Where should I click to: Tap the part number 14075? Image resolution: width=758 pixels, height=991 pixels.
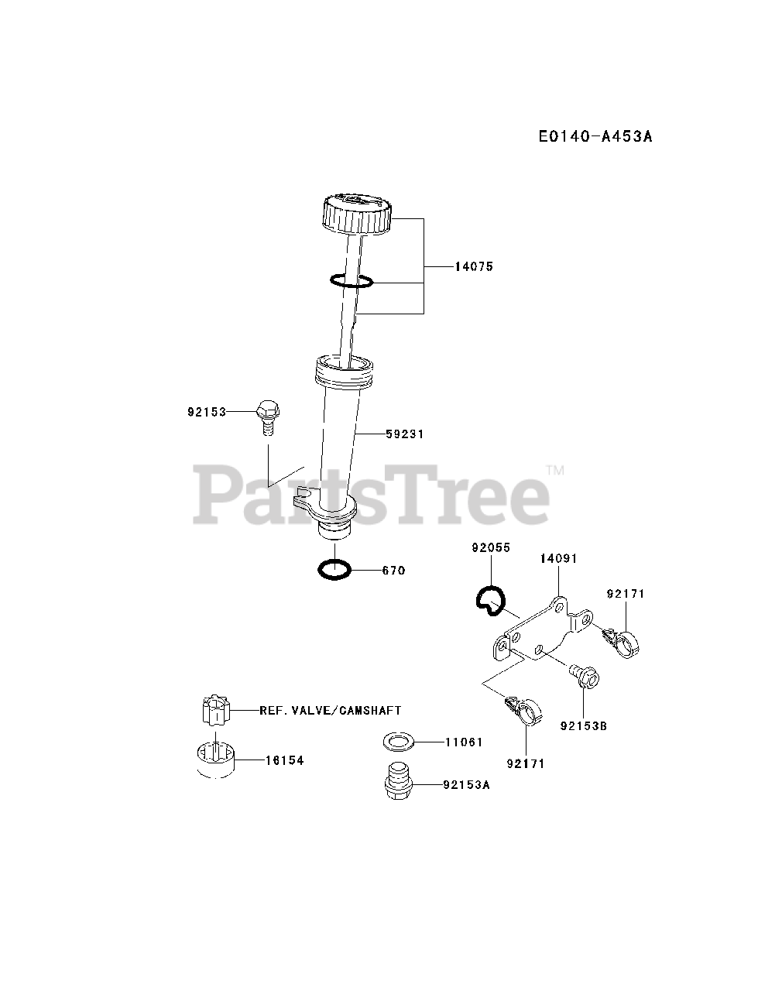coord(473,266)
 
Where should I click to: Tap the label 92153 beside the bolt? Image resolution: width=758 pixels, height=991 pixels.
coord(206,413)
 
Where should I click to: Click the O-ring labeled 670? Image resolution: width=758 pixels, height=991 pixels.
coord(334,570)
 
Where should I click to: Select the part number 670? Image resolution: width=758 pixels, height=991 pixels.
coord(393,571)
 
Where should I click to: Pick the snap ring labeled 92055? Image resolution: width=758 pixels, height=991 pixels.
coord(489,600)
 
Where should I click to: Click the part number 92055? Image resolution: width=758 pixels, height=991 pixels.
coord(491,547)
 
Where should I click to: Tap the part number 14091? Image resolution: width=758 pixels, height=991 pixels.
coord(559,558)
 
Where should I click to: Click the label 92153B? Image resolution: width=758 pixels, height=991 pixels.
coord(583,726)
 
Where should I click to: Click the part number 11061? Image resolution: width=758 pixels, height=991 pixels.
coord(464,742)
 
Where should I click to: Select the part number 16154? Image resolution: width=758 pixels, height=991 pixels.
coord(284,760)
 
